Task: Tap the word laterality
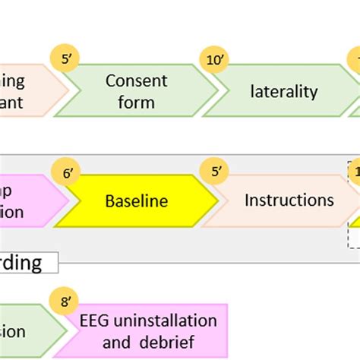point(283,92)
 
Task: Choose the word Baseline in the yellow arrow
point(136,202)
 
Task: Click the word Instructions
point(289,201)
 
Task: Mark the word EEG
point(96,320)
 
